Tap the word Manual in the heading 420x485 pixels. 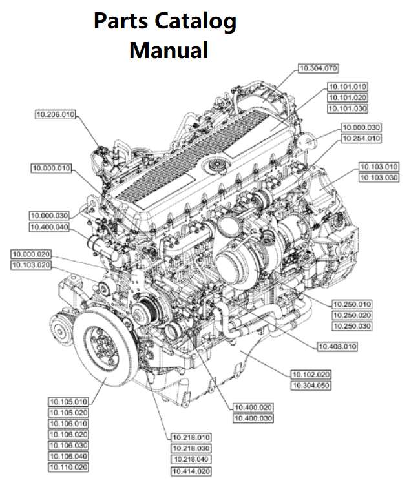(x=169, y=50)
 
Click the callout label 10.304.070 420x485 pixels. (x=319, y=68)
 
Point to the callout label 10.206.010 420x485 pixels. (x=56, y=115)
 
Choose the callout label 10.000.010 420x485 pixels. (x=52, y=169)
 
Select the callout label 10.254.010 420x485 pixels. (x=361, y=138)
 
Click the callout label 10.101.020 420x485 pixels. (x=348, y=97)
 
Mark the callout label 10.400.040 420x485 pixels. (x=49, y=227)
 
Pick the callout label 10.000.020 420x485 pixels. (x=31, y=254)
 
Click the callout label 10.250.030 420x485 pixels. (x=352, y=326)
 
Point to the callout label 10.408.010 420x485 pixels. (x=337, y=347)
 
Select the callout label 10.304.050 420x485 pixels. (x=311, y=386)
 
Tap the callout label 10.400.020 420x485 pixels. (x=253, y=408)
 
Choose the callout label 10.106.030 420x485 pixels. (x=68, y=446)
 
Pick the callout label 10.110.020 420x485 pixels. (x=68, y=467)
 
